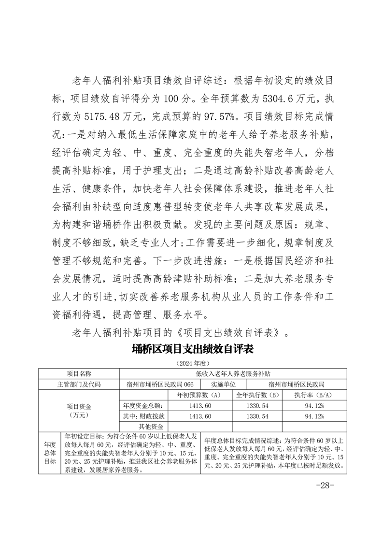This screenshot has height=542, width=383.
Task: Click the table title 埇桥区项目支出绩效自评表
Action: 192,349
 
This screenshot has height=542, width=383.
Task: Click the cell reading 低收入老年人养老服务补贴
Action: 233,374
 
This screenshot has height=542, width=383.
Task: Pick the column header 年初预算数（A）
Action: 199,395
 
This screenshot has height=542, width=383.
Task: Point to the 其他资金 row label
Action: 151,427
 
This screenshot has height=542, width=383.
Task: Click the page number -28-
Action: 324,485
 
